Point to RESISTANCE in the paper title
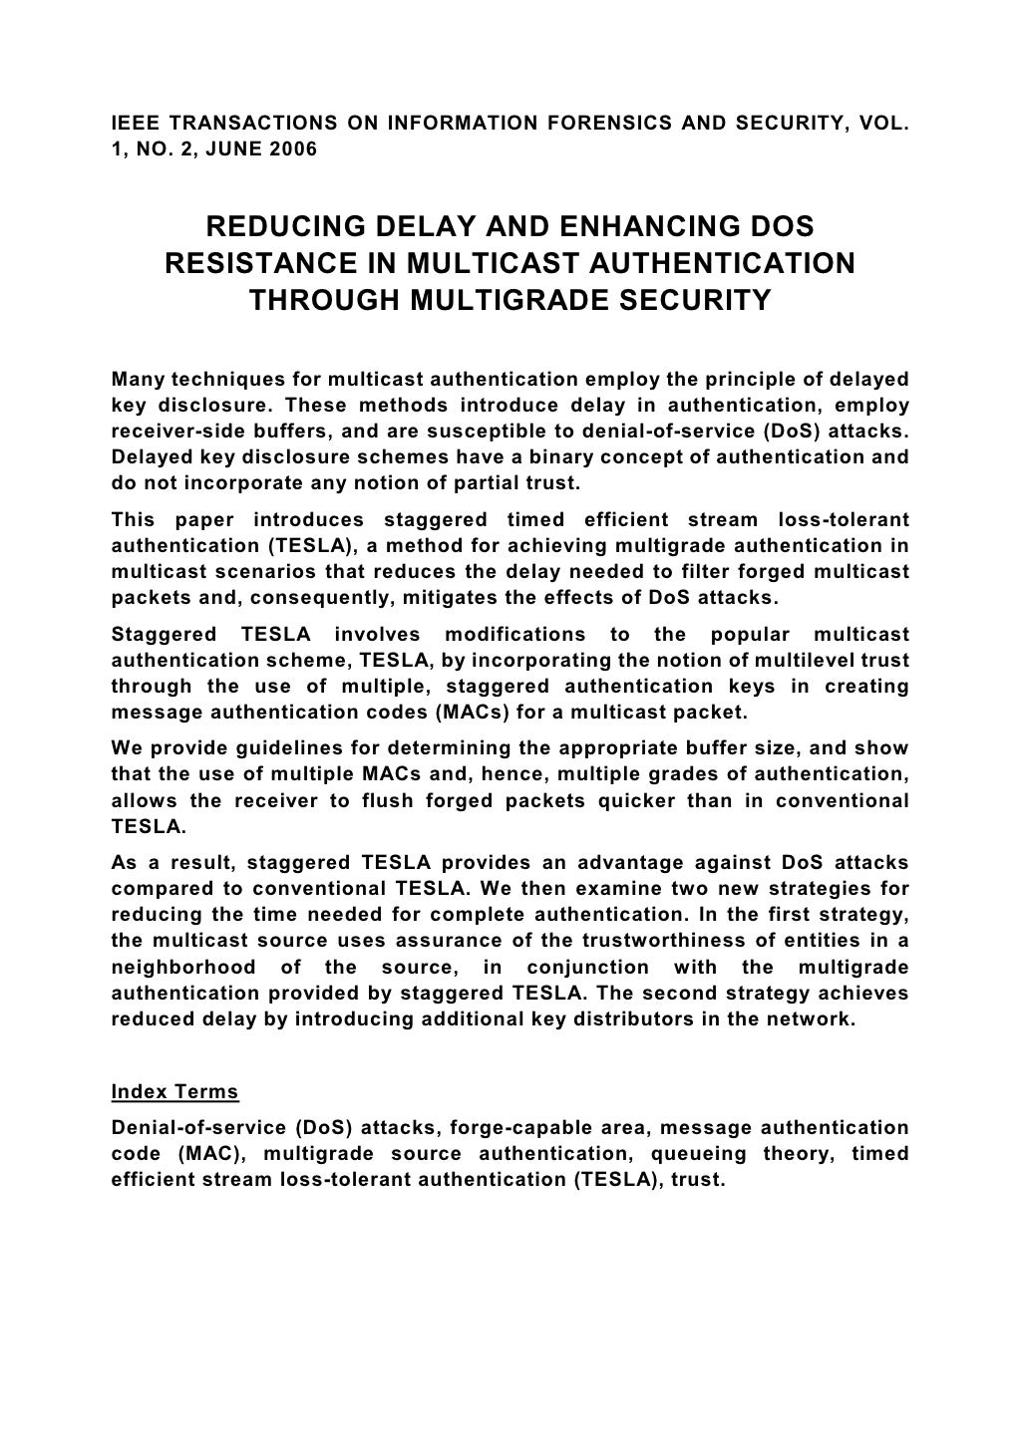260,264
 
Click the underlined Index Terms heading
174,1092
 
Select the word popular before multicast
748,635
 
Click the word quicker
609,801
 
